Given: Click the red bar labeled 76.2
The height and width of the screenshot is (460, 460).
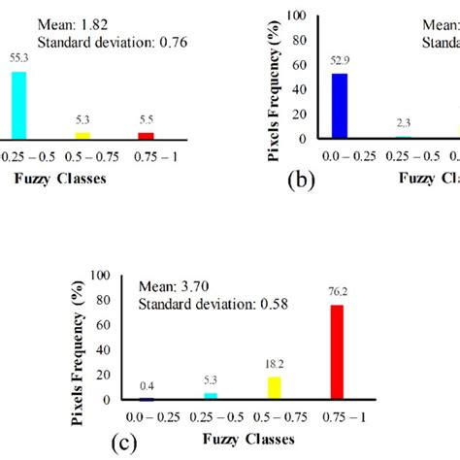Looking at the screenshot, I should point(338,351).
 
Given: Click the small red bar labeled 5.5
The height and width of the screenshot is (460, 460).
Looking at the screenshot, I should point(147,135).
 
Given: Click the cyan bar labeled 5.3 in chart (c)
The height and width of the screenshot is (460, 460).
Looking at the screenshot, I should point(211,395).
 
